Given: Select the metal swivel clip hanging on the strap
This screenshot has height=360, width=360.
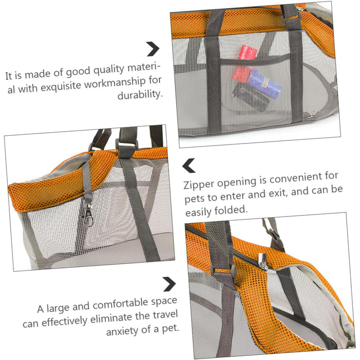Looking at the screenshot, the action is click(88, 215).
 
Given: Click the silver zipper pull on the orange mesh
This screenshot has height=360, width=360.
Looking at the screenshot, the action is click(263, 261).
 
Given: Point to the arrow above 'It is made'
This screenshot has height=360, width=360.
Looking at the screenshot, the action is click(153, 49).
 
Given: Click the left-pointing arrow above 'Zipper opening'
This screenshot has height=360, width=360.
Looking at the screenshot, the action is click(189, 165).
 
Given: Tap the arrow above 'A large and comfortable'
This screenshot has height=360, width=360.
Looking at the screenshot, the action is click(169, 284).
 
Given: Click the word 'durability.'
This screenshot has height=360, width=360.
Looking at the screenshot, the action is click(140, 94).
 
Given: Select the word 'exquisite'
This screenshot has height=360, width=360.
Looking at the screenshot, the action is click(61, 86).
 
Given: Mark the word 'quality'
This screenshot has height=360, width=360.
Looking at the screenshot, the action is click(110, 70).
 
